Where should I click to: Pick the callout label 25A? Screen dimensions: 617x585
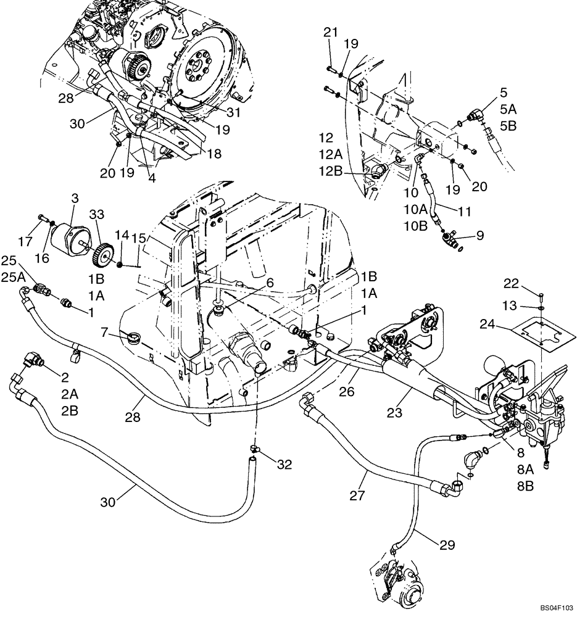click(14, 278)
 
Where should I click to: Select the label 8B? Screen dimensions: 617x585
click(526, 485)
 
